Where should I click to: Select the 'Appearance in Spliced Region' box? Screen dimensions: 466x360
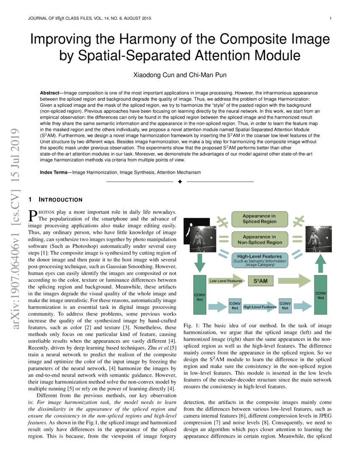259,219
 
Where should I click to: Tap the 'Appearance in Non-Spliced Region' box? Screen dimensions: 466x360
259,239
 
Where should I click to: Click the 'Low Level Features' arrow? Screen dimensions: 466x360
227,280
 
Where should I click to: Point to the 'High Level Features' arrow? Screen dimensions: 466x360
260,307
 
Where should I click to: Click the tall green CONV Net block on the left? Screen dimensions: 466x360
199,295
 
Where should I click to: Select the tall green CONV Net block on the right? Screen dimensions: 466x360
321,295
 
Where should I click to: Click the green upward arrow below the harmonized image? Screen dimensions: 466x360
321,265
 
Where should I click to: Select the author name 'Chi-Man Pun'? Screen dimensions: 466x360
202,75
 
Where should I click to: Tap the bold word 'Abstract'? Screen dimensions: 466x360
49,92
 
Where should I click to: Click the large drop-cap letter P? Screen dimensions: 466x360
32,216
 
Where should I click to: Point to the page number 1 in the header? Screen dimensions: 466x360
330,18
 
